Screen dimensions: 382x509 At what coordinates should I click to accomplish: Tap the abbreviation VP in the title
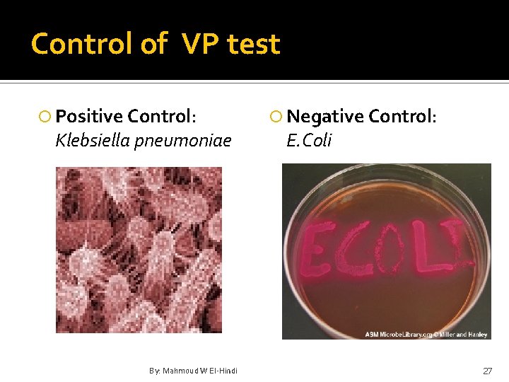(x=200, y=44)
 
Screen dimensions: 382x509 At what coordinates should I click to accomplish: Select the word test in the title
(x=254, y=44)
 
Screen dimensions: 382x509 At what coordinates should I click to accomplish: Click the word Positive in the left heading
(x=88, y=117)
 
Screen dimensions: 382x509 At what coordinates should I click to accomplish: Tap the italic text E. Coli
(x=309, y=141)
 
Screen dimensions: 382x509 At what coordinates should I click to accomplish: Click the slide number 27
(x=487, y=371)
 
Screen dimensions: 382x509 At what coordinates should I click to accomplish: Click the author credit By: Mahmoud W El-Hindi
(x=193, y=371)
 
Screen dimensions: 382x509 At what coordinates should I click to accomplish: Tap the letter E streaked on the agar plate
(x=314, y=251)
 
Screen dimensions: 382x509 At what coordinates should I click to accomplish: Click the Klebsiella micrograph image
(x=139, y=250)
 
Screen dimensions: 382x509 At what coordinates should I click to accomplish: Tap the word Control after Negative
(x=402, y=117)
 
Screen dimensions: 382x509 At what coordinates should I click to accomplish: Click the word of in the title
(x=153, y=44)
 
